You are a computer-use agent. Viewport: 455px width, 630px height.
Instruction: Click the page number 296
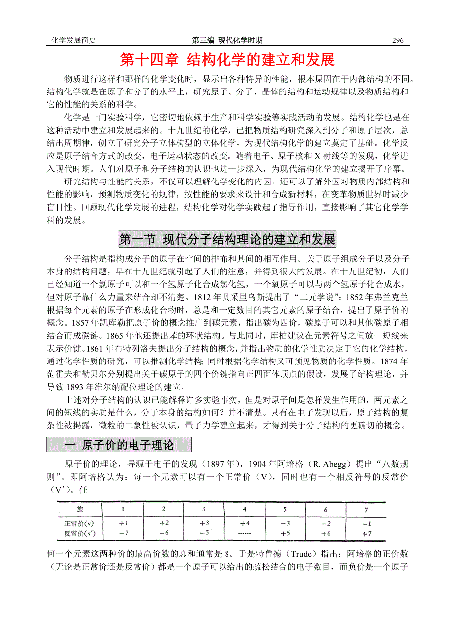coord(398,41)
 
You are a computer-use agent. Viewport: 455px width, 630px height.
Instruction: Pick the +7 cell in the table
coord(366,534)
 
